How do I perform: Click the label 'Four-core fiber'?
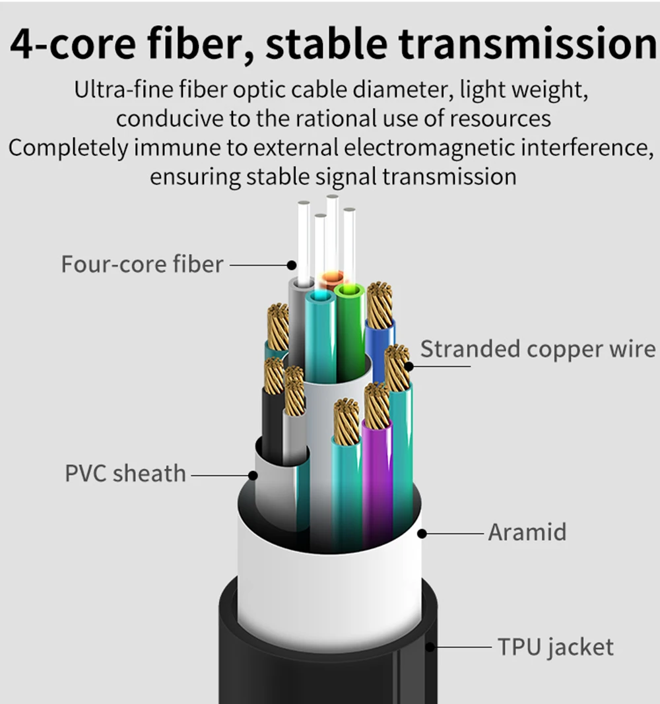[x=142, y=264]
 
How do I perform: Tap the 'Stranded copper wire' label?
[x=538, y=349]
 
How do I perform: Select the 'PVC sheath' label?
[x=125, y=473]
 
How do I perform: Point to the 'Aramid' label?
[x=527, y=532]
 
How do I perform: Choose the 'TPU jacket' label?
[x=556, y=648]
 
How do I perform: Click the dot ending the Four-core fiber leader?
[x=291, y=265]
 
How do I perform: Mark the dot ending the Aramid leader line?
[x=422, y=534]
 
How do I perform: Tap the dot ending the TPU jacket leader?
[x=430, y=647]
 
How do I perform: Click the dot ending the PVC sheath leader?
[x=253, y=476]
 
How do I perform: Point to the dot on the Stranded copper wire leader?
[x=409, y=366]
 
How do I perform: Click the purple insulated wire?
[x=377, y=480]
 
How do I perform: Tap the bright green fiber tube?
[x=350, y=333]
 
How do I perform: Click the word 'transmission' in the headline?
[x=528, y=44]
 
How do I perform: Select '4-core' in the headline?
[x=73, y=44]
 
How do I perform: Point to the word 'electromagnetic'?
[x=430, y=148]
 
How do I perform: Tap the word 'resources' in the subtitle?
[x=500, y=119]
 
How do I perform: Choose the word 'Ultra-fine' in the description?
[x=123, y=89]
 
